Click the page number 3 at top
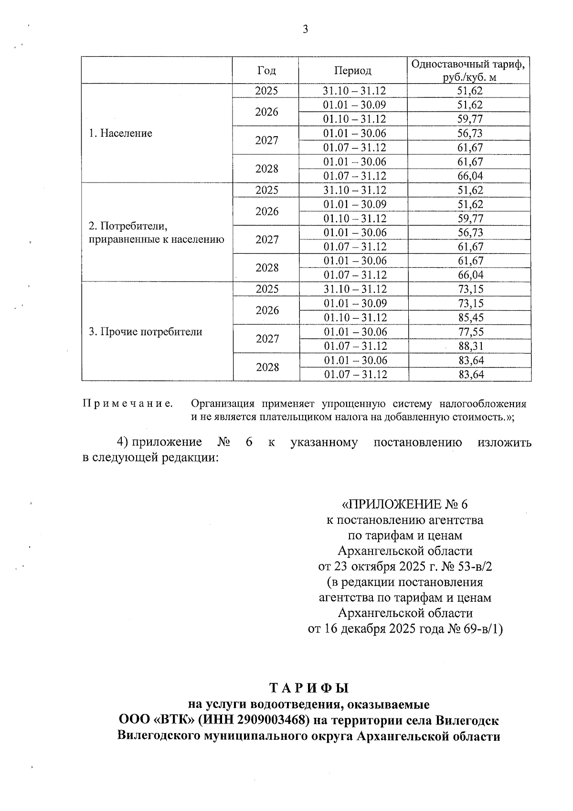coord(305,30)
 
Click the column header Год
coord(266,71)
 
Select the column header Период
coord(352,71)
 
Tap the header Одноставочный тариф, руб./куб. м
coord(470,70)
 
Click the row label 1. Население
coord(120,133)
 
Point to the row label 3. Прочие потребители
coord(145,332)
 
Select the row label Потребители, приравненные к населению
coord(156,232)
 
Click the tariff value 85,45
coord(470,318)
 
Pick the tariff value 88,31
coord(470,346)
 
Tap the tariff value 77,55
coord(470,332)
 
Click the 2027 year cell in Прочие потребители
coord(267,339)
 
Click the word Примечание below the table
coord(127,404)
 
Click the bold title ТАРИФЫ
coord(309,688)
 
